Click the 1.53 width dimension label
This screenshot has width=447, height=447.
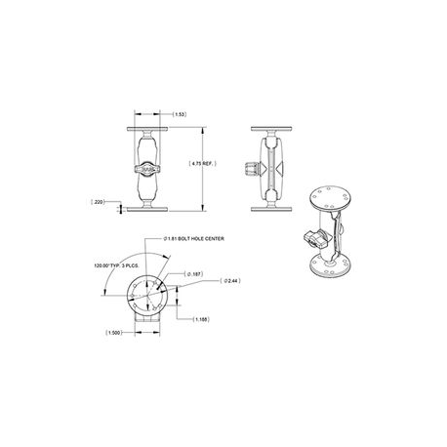pos(181,115)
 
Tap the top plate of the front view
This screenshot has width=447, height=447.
pos(150,128)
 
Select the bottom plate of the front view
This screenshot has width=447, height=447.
pos(150,206)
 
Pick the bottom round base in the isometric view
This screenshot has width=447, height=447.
pos(329,263)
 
